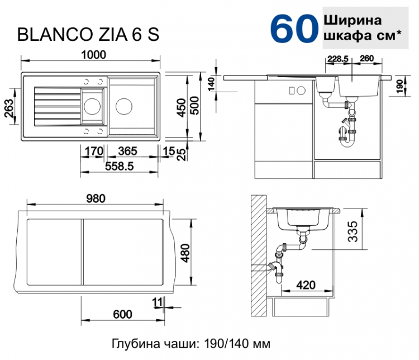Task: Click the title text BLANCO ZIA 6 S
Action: tap(89, 35)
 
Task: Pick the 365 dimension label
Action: tap(128, 150)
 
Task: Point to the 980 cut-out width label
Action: tap(96, 198)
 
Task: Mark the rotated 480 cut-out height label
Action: tap(185, 255)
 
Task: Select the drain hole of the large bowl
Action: tap(124, 105)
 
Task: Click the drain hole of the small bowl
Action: tap(92, 105)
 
